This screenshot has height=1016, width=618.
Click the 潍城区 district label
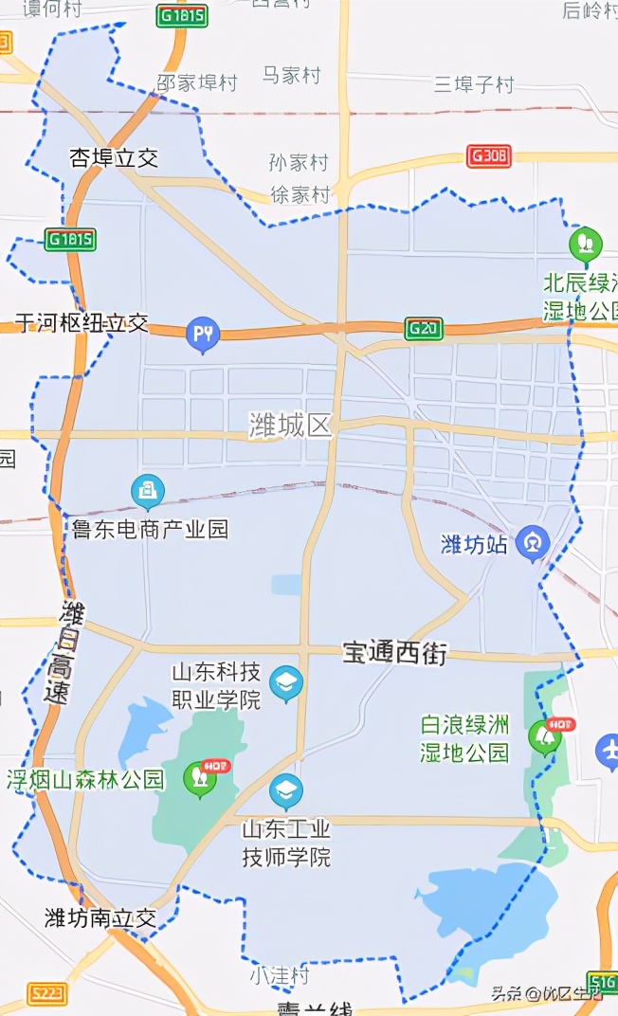pos(291,426)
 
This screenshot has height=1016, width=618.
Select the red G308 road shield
pos(489,156)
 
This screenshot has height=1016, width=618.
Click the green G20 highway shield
pos(423,328)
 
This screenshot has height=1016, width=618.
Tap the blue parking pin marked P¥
pos(202,333)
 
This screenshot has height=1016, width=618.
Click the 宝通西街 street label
pos(394,652)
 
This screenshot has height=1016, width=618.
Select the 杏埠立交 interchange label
pos(114,158)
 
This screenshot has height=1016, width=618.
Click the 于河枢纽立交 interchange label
pos(82,323)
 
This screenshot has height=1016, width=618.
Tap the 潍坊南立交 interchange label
pos(100,917)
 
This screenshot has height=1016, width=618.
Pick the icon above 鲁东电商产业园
pos(147,491)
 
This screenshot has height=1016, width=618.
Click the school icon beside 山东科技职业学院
pos(285,682)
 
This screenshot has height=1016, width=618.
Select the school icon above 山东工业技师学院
pos(285,789)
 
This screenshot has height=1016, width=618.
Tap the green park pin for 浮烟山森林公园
pos(199,777)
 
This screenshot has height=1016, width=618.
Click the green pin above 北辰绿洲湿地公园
pos(585,244)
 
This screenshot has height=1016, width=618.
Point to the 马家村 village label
pos(291,75)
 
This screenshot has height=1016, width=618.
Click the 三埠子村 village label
pos(474,83)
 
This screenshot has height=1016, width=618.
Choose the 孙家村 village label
pos(299,163)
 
